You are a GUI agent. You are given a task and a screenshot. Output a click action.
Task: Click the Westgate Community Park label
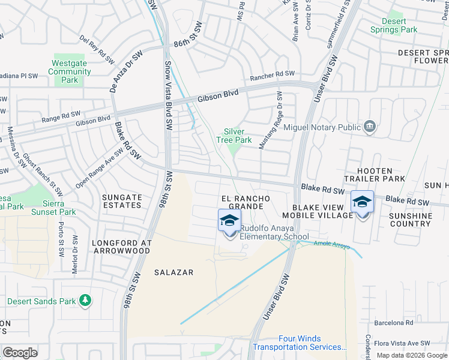coord(70,71)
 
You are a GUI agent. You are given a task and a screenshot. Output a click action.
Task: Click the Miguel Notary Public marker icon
coord(370,126)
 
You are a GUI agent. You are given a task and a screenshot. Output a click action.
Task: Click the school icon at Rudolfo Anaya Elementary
coord(230,221)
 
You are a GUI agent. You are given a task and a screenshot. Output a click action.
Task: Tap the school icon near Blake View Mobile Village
coord(362,202)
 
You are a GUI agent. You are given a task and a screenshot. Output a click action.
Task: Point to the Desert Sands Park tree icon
coord(86,300)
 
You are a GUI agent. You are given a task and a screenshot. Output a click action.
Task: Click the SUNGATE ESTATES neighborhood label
coord(122,201)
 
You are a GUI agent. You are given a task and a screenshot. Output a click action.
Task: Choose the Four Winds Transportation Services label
coord(300,343)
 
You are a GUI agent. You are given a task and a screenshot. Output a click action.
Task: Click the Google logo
coord(19,353)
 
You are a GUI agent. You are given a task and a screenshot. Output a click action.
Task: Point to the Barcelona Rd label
coord(394,322)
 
